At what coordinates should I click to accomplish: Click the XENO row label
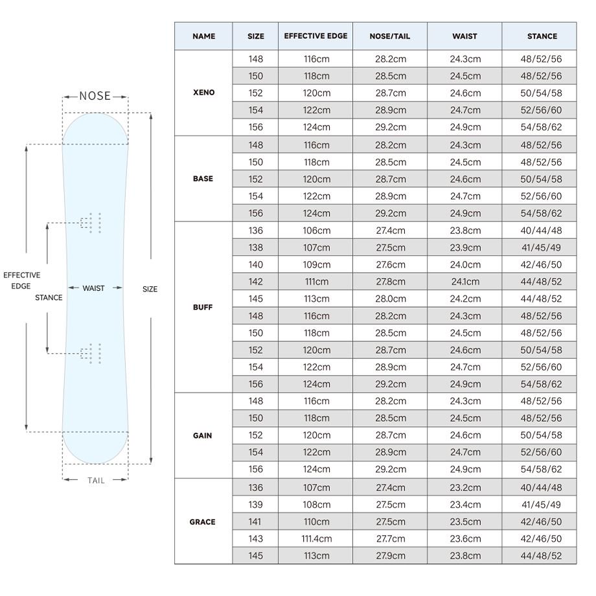(203, 93)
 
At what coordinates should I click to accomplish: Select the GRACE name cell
(203, 522)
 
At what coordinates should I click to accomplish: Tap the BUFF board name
(203, 307)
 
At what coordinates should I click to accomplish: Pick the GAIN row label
(203, 435)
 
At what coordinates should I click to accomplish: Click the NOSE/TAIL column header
(389, 36)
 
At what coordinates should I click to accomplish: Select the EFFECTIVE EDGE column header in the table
(315, 36)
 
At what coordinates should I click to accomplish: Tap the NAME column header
(203, 36)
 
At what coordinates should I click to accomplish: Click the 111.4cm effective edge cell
(317, 538)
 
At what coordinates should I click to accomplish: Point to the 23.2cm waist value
(465, 488)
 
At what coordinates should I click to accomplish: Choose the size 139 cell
(255, 505)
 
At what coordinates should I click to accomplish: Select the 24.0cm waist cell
(465, 264)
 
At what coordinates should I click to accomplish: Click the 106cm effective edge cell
(317, 231)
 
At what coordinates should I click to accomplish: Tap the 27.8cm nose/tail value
(391, 282)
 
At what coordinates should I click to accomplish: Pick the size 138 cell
(255, 248)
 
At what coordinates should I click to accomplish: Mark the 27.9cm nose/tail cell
(391, 556)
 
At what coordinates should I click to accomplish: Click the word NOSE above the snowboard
(95, 96)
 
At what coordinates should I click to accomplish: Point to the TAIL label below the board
(96, 481)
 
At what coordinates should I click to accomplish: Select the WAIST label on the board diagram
(93, 288)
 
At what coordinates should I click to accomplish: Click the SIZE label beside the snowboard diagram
(150, 289)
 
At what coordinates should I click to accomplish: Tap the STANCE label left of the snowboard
(49, 297)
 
